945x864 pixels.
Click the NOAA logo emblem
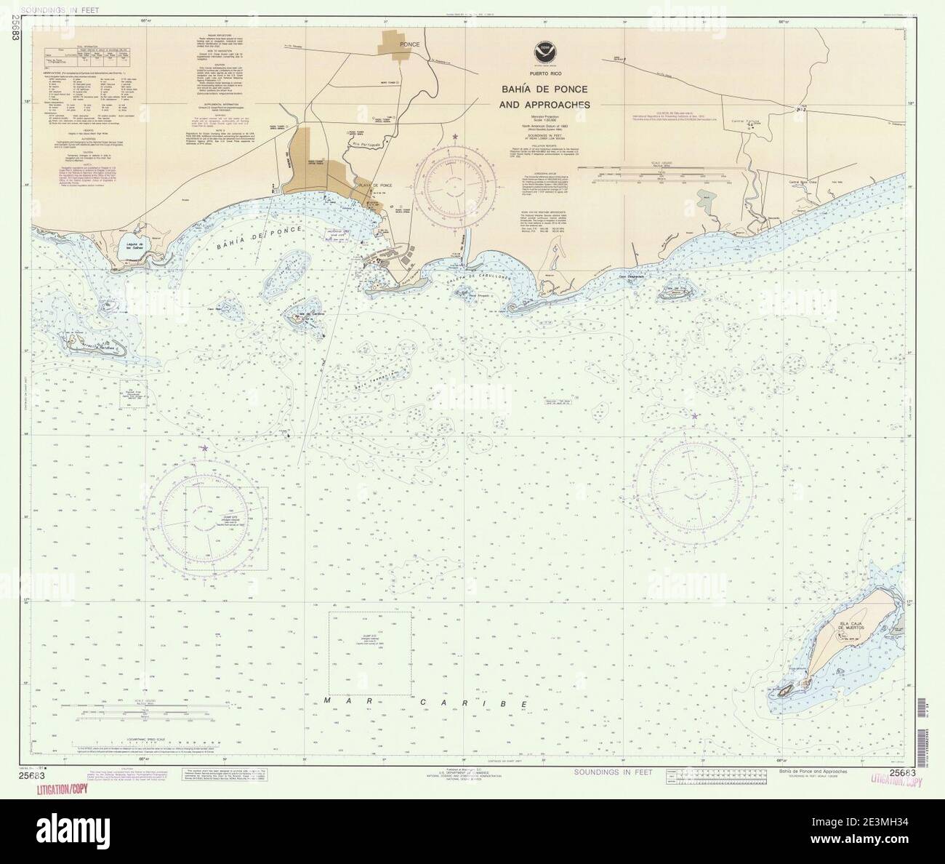[540, 52]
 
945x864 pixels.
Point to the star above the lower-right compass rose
[694, 416]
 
